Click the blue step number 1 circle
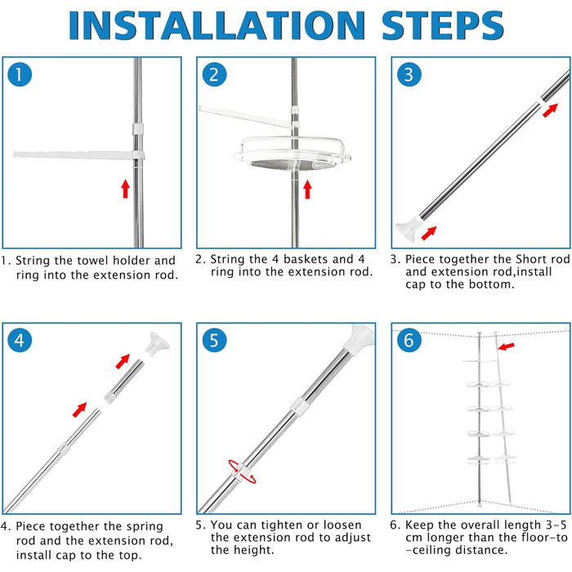coord(20,74)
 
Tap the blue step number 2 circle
coord(214,74)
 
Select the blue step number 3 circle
coord(409,74)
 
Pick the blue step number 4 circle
coord(20,341)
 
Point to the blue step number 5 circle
coord(214,341)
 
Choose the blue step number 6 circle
coord(409,341)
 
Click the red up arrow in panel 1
coord(126,189)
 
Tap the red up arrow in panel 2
coord(307,190)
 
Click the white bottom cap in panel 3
coord(408,229)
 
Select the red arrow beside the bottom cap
coord(429,233)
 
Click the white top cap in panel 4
coord(157,344)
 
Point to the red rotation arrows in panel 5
coord(243,471)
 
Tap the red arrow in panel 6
coord(507,346)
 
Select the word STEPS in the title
coord(443,25)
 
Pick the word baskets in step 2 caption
coord(306,259)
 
